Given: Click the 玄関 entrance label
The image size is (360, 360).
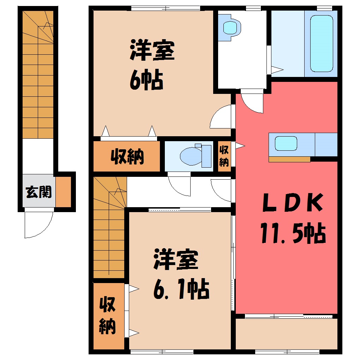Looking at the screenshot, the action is [38, 192].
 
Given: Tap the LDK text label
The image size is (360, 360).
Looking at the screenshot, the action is [293, 203].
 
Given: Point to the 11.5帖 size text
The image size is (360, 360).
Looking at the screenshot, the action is [293, 233].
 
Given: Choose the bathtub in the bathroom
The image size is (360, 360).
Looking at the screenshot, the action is [322, 44].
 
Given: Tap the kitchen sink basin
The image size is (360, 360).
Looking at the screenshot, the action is [286, 144].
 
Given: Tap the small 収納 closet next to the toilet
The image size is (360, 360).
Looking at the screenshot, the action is [224, 156].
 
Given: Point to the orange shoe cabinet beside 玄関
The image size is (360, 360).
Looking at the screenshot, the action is [63, 192].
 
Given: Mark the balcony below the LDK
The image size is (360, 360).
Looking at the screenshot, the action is [286, 334].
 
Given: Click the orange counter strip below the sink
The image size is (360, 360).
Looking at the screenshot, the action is [289, 159].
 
